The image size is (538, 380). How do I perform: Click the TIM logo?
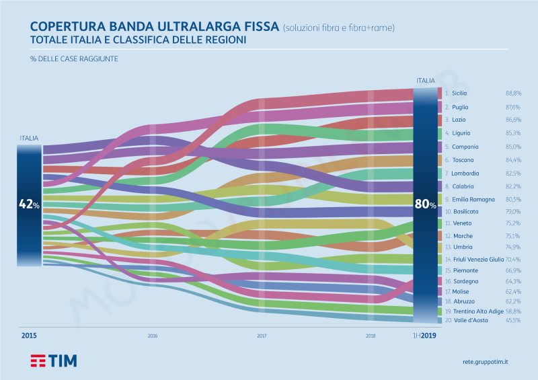[53, 360]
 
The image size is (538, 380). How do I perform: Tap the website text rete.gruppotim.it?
[486, 361]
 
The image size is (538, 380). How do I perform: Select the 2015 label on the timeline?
[29, 335]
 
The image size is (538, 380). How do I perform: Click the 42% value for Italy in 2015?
[29, 204]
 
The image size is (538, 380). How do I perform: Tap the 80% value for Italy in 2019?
[425, 204]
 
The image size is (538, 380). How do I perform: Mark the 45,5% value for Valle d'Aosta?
[513, 321]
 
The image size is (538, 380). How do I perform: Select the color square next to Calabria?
[439, 186]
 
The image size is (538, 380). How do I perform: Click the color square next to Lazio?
[439, 120]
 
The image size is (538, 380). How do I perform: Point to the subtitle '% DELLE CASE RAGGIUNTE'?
[64, 59]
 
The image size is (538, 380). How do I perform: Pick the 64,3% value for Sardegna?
[513, 281]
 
